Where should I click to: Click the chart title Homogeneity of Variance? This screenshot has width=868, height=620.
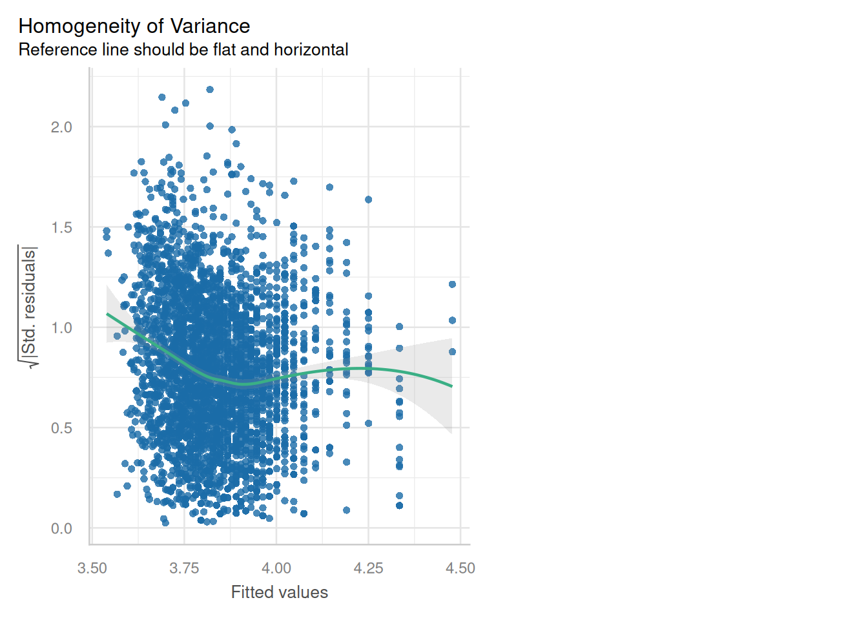(x=134, y=26)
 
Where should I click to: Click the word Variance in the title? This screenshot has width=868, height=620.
(x=210, y=26)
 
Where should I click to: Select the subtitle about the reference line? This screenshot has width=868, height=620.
(x=183, y=50)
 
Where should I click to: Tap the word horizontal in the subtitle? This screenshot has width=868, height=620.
(x=311, y=50)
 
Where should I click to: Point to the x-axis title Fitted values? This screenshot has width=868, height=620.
(x=280, y=592)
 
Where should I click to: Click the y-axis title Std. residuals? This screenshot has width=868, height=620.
(x=28, y=307)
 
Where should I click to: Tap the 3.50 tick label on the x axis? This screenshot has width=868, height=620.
(x=92, y=568)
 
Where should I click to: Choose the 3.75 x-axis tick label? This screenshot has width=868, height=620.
(x=184, y=568)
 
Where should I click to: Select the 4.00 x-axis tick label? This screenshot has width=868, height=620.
(x=276, y=568)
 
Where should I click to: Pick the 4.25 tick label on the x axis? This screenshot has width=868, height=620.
(x=368, y=568)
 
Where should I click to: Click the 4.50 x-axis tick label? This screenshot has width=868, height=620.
(x=460, y=568)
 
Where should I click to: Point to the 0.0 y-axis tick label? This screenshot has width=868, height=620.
(x=61, y=528)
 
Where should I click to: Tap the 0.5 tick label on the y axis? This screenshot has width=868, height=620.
(x=61, y=428)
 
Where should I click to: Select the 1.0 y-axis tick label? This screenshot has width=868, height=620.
(x=61, y=328)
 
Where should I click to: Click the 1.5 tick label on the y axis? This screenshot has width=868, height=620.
(x=61, y=227)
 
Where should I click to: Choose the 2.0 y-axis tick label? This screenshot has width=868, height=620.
(x=61, y=127)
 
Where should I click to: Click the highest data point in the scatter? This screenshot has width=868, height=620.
(x=210, y=90)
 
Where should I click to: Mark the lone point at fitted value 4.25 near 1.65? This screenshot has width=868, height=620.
(x=369, y=200)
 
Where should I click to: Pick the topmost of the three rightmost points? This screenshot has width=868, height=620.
(x=452, y=284)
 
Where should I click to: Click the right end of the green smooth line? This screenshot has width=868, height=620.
(x=452, y=386)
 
